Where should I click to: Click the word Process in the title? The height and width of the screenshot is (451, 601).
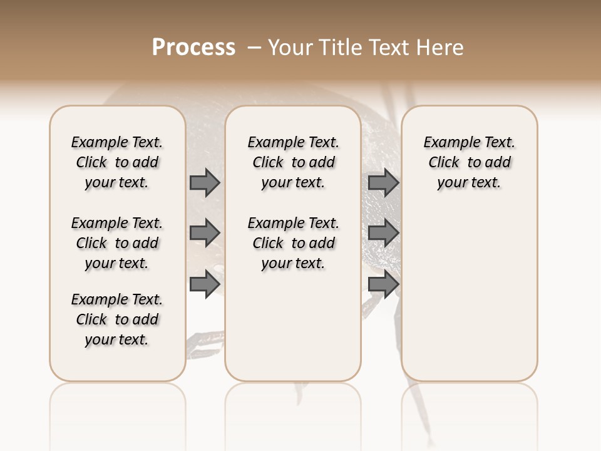[193, 48]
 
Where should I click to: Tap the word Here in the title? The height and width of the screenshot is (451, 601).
[441, 48]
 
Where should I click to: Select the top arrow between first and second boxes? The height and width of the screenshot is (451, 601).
[205, 182]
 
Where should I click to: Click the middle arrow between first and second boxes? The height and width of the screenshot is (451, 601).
[205, 233]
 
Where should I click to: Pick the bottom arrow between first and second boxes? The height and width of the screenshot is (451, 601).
[205, 284]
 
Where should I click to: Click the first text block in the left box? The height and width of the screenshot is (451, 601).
[117, 162]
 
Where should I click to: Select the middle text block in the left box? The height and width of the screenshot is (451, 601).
[117, 243]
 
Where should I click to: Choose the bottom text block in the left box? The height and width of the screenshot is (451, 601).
[117, 319]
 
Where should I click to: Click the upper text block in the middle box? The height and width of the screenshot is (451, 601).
[293, 162]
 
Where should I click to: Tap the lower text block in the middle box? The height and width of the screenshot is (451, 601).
[293, 243]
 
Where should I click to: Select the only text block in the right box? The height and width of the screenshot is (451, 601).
[470, 162]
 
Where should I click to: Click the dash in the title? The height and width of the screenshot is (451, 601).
[254, 48]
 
